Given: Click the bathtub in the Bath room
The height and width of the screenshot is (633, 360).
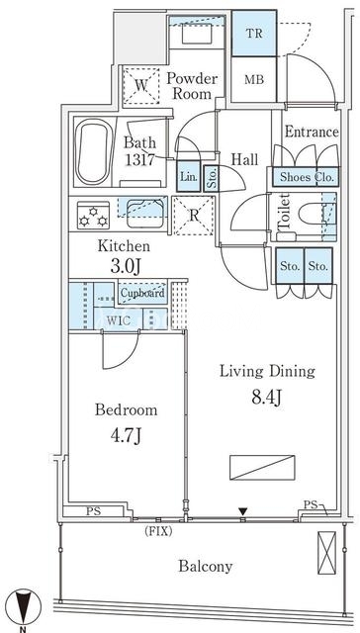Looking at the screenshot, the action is point(94,151).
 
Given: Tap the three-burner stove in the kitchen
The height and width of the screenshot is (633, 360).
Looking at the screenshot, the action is point(93,216).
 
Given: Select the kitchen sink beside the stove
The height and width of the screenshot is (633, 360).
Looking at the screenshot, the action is point(145,214).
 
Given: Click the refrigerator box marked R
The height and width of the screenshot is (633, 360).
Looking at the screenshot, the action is point(194,216).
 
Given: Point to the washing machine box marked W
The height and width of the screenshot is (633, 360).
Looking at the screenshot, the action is point(140,86).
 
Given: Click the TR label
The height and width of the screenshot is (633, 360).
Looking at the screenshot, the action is point(254,33).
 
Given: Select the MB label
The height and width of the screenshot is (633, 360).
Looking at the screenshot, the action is point(254,79).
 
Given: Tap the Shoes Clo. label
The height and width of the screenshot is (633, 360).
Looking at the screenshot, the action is point(308,177).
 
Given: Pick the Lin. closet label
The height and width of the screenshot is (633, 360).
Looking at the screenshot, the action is point(189,177).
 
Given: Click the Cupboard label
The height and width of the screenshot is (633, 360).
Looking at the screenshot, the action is point(142,293).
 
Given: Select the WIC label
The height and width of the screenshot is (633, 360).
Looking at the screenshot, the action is point(119,321).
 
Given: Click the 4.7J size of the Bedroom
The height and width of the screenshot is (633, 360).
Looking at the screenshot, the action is point(126,436).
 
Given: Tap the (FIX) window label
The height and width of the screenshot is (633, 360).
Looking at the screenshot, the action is point(158,532).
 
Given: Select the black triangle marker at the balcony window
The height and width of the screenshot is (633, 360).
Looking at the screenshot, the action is point(242,511).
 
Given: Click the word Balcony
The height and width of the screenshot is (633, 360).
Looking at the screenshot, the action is point(206,567).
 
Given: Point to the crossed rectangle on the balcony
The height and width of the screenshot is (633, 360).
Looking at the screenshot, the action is point(326,553).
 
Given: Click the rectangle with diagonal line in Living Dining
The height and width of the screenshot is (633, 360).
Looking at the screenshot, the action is point(262,468).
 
